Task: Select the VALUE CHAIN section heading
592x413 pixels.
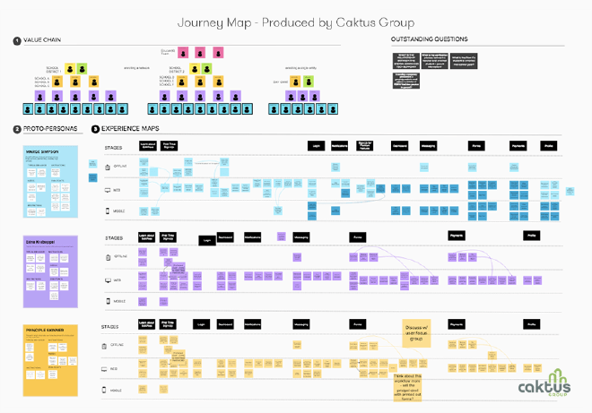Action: click(39, 41)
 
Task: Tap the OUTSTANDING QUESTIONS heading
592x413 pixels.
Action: click(429, 41)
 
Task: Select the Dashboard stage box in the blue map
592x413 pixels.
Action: click(402, 145)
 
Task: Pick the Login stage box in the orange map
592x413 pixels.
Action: click(200, 323)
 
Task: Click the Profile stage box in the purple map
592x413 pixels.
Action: click(531, 236)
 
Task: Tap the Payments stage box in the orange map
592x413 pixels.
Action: click(456, 323)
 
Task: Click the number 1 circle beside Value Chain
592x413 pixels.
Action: click(16, 41)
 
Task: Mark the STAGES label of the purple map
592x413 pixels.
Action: click(114, 238)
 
